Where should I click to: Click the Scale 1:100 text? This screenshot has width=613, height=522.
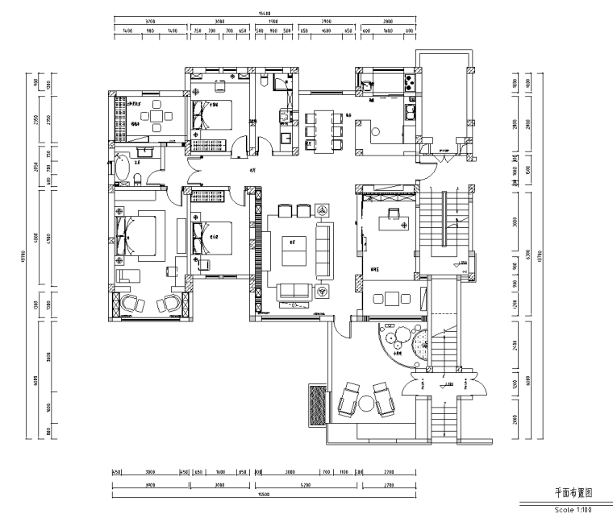tap(573, 509)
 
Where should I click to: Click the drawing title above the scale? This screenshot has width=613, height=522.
tap(573, 491)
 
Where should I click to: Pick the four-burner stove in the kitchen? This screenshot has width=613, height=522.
tap(410, 81)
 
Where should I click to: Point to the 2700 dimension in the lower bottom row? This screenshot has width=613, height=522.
tap(387, 485)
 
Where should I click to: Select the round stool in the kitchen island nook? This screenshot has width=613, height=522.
tap(375, 129)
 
